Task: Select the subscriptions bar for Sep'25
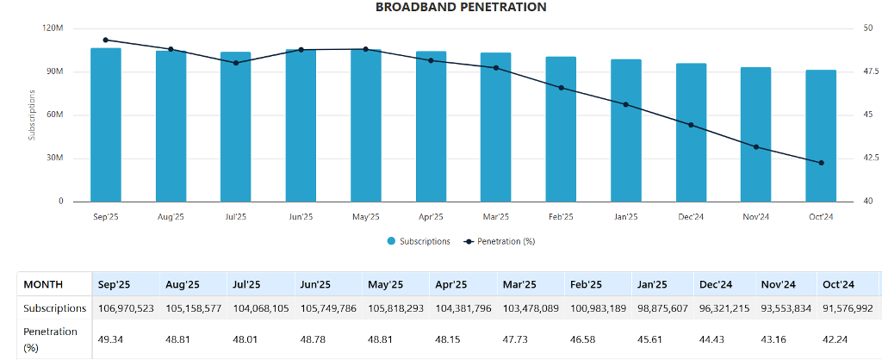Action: [106, 125]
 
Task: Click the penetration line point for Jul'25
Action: [236, 63]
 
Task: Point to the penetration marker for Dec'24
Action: [691, 125]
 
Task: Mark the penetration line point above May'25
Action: [366, 49]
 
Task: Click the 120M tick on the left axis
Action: [53, 28]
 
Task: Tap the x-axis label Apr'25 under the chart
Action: [431, 216]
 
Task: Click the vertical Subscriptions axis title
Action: [33, 115]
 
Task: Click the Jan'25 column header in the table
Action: [652, 284]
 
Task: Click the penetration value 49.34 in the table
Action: [109, 338]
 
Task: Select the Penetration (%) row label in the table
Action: [51, 338]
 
